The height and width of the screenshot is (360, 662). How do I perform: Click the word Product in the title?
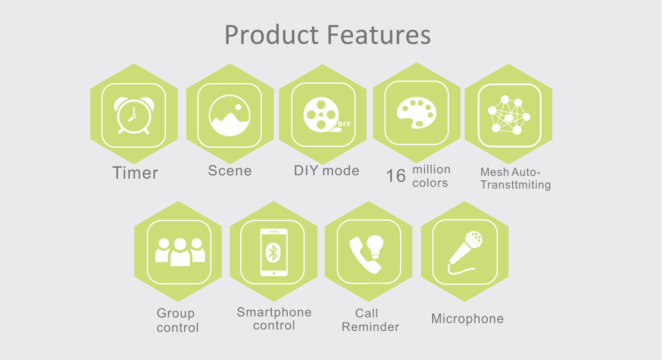point(272,35)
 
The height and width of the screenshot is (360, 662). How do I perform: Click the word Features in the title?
point(379,35)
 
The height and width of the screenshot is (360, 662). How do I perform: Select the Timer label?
point(135,173)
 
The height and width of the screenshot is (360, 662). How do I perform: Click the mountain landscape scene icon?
point(230,115)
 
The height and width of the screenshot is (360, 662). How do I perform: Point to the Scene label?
point(230,170)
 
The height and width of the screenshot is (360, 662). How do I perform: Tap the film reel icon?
point(321,114)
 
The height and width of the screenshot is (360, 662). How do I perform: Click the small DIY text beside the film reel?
point(344,124)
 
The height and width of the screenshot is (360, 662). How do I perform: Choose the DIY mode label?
point(326,170)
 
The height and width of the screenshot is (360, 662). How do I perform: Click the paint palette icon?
point(416,112)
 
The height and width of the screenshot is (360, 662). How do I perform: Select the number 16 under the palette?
point(396,176)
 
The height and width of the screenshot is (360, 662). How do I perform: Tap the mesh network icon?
point(509,115)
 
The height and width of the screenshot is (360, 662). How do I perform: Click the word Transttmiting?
point(515,185)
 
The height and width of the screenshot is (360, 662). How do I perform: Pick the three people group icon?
point(180,252)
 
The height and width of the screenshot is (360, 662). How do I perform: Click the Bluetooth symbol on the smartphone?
point(273,252)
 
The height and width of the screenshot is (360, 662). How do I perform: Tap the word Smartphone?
point(274,313)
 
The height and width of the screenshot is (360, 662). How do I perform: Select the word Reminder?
point(370,327)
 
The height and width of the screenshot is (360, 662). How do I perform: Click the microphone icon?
point(465,253)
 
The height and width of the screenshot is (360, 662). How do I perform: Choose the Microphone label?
point(467,319)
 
